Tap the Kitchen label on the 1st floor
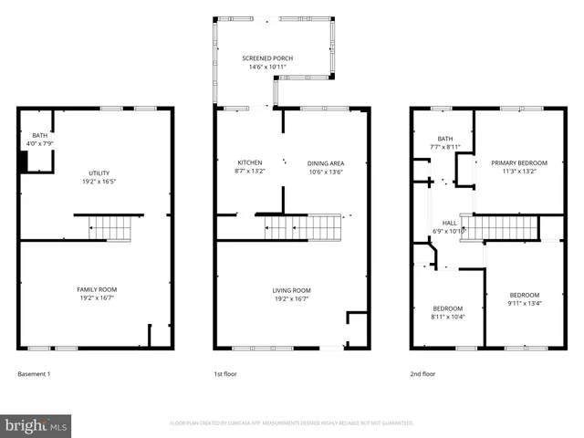pyautogui.click(x=250, y=162)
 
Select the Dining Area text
pyautogui.click(x=326, y=162)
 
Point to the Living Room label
pyautogui.click(x=292, y=290)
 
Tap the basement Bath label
pyautogui.click(x=39, y=135)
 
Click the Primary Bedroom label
pyautogui.click(x=516, y=162)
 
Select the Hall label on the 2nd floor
pyautogui.click(x=449, y=222)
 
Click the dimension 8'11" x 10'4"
pyautogui.click(x=447, y=317)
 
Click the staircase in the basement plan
pyautogui.click(x=109, y=227)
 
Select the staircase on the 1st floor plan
pyautogui.click(x=301, y=227)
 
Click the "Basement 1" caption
pyautogui.click(x=35, y=374)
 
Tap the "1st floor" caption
pyautogui.click(x=225, y=374)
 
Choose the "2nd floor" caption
pyautogui.click(x=422, y=374)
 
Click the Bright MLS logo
pyautogui.click(x=36, y=425)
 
